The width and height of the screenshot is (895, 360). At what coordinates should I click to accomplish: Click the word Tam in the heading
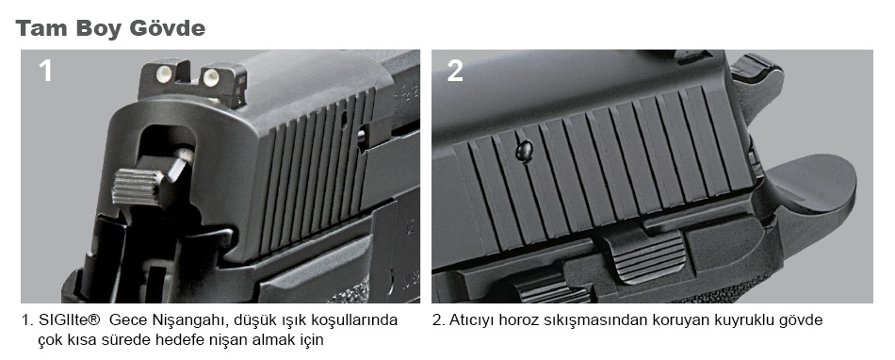(41, 28)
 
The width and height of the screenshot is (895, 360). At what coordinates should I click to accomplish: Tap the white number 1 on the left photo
(45, 72)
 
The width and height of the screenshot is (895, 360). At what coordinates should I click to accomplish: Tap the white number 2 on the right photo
(455, 72)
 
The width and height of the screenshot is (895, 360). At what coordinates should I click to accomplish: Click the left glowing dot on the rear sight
(163, 72)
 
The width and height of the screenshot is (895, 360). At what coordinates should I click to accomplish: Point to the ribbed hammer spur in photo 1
(137, 186)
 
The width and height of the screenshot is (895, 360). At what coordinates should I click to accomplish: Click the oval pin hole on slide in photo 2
(524, 152)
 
